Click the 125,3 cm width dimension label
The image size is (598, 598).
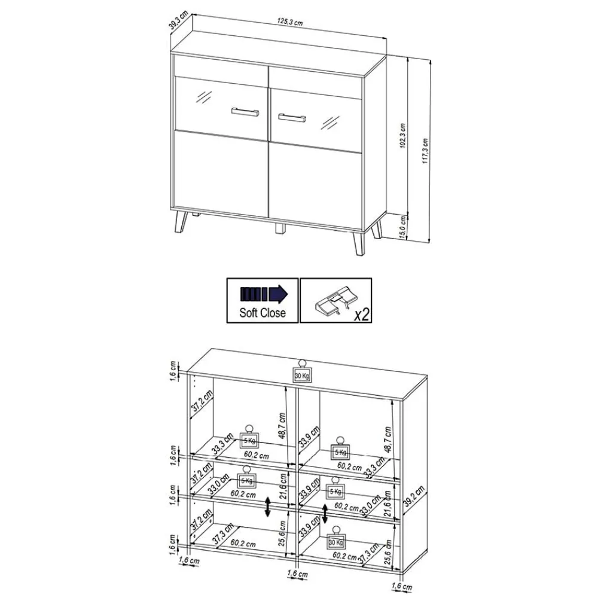pyautogui.click(x=289, y=22)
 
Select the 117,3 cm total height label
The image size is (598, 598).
pyautogui.click(x=425, y=152)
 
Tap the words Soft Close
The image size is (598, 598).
pyautogui.click(x=263, y=312)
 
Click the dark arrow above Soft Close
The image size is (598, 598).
pyautogui.click(x=263, y=294)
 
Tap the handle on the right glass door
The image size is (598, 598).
pyautogui.click(x=291, y=115)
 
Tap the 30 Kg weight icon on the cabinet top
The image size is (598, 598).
pyautogui.click(x=302, y=372)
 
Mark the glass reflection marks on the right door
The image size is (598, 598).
pyautogui.click(x=329, y=121)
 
